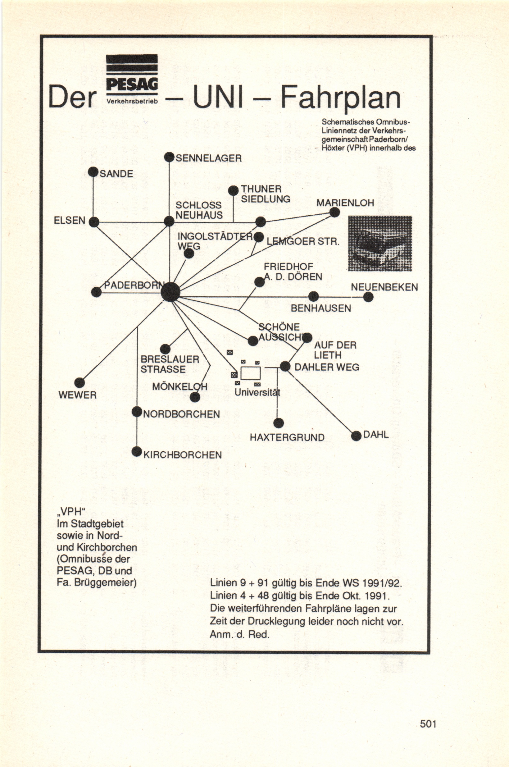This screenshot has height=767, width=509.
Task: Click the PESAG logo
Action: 132,79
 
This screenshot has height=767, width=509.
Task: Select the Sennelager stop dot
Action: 169,158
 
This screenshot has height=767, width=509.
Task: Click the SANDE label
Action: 116,174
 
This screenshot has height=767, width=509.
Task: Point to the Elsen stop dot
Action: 94,222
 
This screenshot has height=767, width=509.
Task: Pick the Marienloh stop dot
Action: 334,213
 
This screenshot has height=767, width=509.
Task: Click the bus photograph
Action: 380,244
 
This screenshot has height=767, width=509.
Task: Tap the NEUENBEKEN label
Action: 384,287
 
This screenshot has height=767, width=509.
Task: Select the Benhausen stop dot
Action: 313,296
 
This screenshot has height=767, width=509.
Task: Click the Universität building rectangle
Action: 250,373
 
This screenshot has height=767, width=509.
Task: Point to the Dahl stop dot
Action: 356,436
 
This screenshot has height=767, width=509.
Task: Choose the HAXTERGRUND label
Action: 287,437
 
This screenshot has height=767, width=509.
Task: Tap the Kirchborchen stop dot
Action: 137,452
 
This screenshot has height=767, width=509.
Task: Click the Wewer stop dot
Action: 80,383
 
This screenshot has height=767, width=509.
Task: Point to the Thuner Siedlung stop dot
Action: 233,191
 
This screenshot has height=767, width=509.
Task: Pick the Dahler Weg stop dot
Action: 285,367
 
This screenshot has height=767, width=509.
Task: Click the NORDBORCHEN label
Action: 181,414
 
